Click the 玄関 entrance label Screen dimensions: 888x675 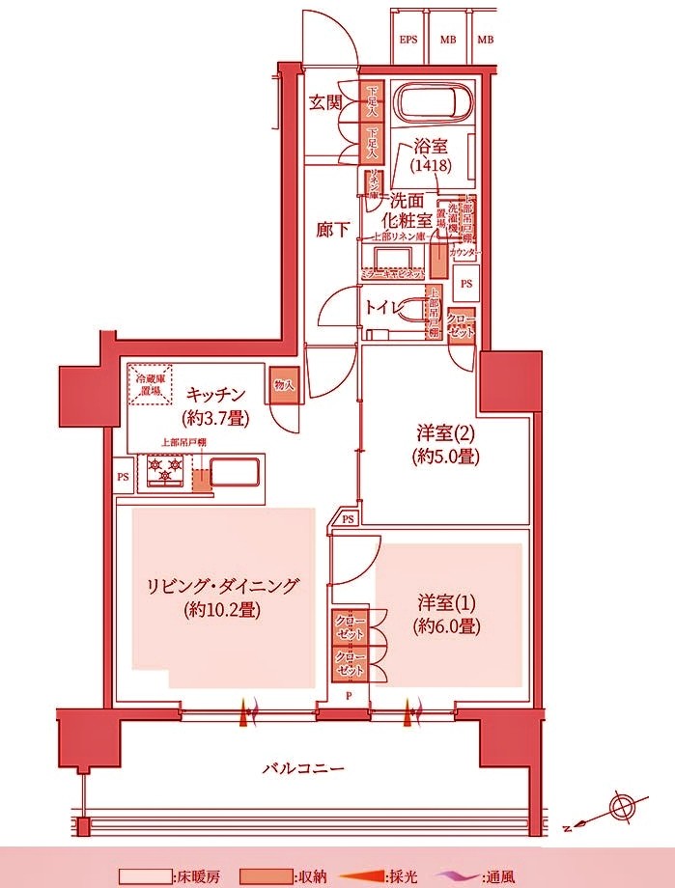coord(325,103)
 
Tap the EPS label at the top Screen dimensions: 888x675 coord(408,40)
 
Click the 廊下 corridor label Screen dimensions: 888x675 coord(333,231)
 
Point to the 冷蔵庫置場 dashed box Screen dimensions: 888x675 coord(153,386)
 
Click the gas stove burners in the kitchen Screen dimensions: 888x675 coord(165,472)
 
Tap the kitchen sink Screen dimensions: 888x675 coord(235,474)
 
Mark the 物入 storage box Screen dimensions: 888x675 coord(283,384)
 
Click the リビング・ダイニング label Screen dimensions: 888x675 coord(222,597)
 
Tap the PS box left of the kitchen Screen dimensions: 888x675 coord(123,477)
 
